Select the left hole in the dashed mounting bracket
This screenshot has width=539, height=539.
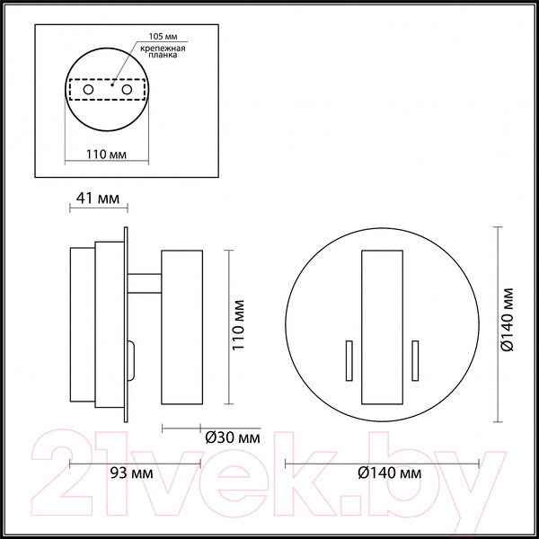click(87, 92)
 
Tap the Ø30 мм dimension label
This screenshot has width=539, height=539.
click(233, 439)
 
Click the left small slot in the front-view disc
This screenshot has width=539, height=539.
click(344, 361)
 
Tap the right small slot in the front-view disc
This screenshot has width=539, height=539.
click(414, 361)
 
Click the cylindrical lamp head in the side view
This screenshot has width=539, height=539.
click(181, 327)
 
